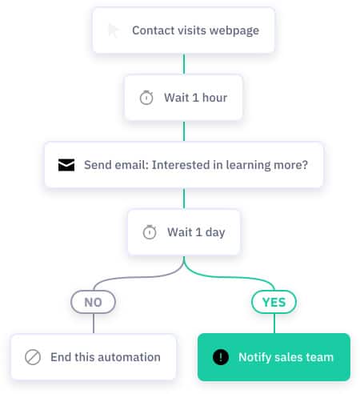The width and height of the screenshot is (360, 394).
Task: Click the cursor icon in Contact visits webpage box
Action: (113, 30)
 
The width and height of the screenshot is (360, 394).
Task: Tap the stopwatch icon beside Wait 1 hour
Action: (146, 98)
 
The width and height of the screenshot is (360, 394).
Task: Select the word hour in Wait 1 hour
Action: (214, 98)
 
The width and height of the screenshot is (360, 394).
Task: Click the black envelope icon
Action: (66, 165)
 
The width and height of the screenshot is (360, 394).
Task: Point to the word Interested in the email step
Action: (181, 165)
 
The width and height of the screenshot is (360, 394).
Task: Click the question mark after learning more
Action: (305, 165)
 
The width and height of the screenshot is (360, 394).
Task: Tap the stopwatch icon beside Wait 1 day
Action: (150, 232)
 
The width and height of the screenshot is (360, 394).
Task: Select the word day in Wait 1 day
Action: (215, 233)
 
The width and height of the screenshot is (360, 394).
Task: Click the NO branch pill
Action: (93, 302)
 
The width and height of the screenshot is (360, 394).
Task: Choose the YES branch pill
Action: (274, 302)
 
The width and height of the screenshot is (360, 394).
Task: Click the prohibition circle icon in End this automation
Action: (33, 357)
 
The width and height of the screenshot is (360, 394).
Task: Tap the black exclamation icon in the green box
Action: (221, 357)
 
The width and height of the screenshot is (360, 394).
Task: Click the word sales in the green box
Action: (289, 357)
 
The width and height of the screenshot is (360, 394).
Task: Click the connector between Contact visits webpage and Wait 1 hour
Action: (184, 64)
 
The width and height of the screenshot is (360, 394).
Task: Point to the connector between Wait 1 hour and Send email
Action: (184, 131)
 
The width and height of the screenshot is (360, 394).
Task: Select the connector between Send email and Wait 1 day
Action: (184, 199)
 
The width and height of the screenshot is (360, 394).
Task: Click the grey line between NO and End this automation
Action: (94, 324)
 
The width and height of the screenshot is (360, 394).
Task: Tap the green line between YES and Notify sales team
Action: (274, 324)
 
